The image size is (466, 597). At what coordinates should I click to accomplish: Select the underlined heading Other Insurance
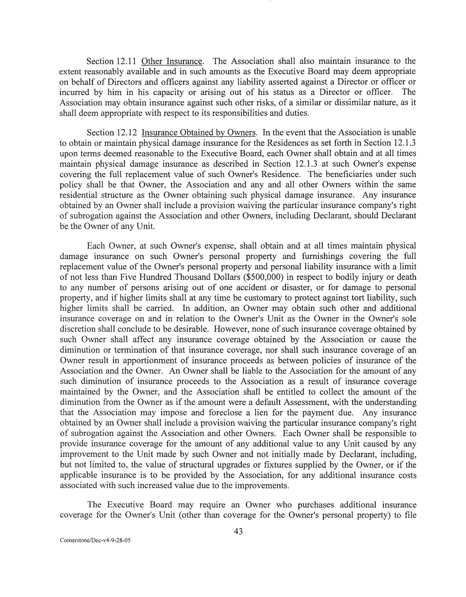coord(172,61)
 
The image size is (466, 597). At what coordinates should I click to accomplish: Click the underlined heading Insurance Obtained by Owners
coord(199,133)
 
